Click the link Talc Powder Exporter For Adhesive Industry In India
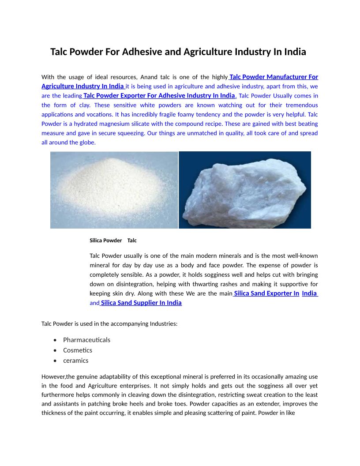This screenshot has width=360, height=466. [x=159, y=95]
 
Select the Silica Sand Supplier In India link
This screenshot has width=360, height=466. [x=141, y=303]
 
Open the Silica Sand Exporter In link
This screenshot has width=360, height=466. [x=267, y=293]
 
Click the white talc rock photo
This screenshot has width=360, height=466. [x=245, y=190]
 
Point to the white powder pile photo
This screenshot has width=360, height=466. [x=114, y=190]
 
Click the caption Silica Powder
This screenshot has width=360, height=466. [x=105, y=241]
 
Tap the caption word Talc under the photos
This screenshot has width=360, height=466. [x=132, y=241]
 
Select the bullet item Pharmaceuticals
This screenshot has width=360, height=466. [x=86, y=340]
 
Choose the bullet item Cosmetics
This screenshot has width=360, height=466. [x=78, y=350]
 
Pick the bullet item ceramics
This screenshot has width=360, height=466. [x=75, y=361]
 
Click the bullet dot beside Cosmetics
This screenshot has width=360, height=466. [x=54, y=350]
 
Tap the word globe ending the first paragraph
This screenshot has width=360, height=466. [x=87, y=143]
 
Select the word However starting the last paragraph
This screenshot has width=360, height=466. [x=53, y=376]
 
